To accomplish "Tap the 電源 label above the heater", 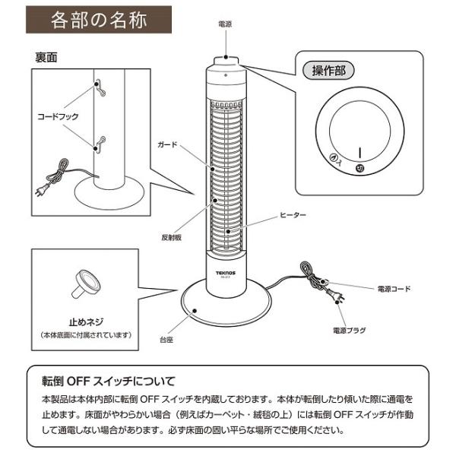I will tap(226, 24).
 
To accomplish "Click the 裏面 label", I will tap(47, 57).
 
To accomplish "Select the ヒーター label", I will tap(293, 216).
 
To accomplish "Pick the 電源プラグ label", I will tap(350, 331).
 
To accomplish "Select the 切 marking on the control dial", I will tap(360, 169).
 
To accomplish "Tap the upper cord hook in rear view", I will tap(97, 85).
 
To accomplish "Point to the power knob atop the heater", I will tap(226, 59).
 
